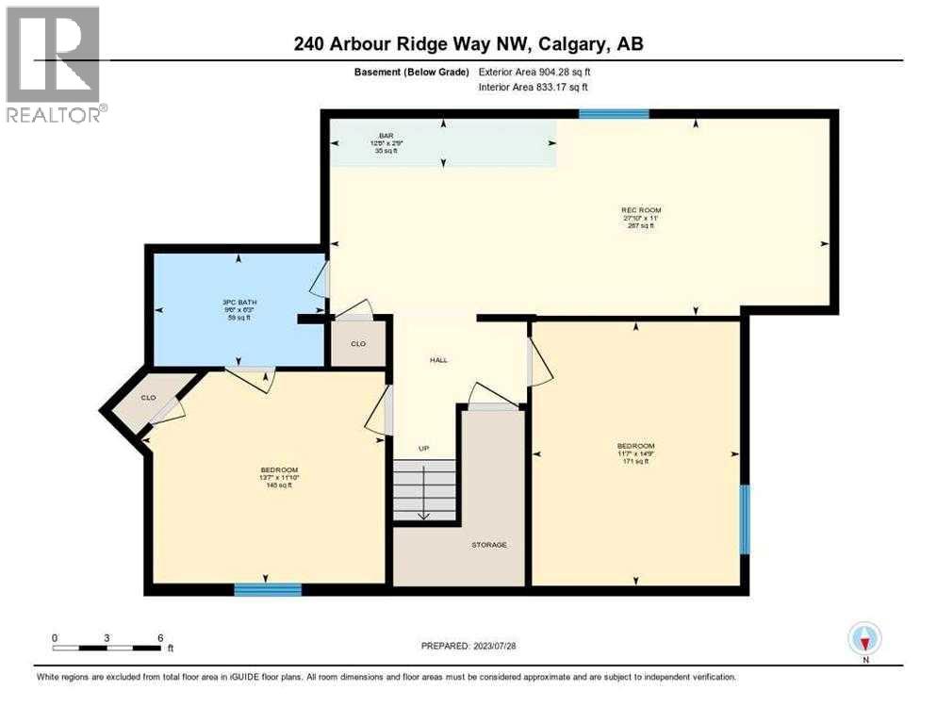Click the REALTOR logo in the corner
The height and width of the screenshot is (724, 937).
click(53, 64)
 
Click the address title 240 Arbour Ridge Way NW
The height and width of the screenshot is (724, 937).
click(468, 43)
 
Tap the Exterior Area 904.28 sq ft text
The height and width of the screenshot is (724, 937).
click(534, 72)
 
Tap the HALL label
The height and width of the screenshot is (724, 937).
click(438, 359)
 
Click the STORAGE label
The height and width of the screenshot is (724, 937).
click(489, 545)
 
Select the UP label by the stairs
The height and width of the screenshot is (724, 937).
click(424, 448)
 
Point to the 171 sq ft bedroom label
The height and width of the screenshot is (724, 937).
click(635, 453)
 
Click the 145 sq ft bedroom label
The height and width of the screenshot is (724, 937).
click(279, 478)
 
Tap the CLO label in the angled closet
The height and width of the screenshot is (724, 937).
click(148, 397)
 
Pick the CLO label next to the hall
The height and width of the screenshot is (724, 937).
click(358, 344)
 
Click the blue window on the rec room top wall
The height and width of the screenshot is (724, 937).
click(614, 114)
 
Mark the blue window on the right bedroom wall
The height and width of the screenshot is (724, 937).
click(744, 519)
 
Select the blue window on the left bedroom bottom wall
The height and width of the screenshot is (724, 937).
click(268, 590)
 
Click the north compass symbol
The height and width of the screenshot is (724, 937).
click(864, 638)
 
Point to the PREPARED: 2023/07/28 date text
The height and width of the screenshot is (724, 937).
click(468, 646)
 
